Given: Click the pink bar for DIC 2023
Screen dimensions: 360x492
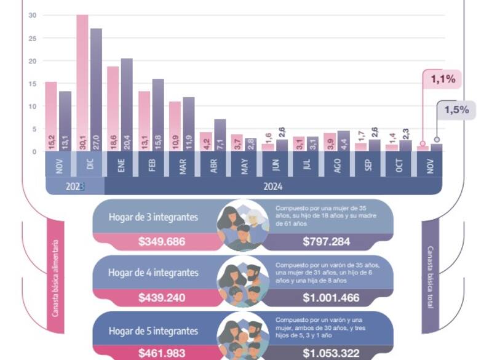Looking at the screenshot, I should coord(82,83).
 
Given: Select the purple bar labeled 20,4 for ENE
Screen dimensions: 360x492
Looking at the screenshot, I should coord(127,105).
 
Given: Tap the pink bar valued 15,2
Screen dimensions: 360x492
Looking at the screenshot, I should coord(51,116).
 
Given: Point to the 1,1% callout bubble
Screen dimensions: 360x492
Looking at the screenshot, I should coord(442,79).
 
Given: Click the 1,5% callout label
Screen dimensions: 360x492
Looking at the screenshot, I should coord(457,110).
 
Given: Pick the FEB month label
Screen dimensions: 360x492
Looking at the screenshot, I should coord(152,166).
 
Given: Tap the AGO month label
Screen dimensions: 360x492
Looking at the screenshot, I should coord(337,166).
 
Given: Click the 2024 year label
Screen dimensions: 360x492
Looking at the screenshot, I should coord(273,186).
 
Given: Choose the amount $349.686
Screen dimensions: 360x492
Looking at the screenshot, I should coord(162,241).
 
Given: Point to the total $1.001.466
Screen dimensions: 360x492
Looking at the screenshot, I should coord(331,298).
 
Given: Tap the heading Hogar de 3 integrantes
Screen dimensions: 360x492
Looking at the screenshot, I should coord(153,217).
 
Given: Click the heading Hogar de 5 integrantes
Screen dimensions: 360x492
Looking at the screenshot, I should coord(153,331).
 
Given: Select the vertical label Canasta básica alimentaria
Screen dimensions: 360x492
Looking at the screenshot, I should coord(55,279).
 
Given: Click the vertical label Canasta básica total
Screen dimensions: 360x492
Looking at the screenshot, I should coord(430,277).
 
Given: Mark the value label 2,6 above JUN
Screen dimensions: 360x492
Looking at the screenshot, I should coord(282,131).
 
